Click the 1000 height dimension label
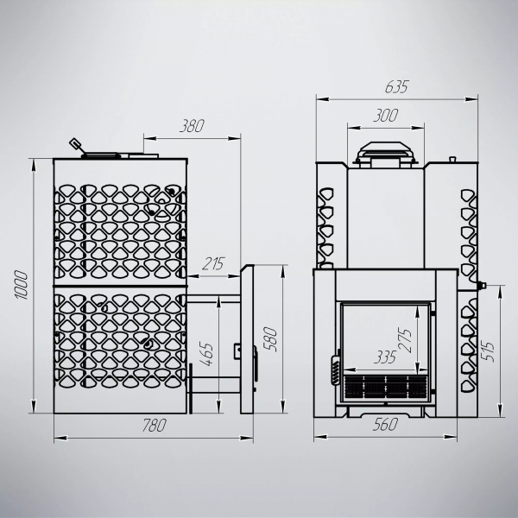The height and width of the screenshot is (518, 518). coord(22,285)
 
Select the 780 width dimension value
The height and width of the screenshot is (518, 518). coord(154,426)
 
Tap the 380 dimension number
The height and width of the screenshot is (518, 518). coord(192,126)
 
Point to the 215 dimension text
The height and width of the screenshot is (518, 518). coord(213,263)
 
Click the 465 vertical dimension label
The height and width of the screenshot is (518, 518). coord(207,354)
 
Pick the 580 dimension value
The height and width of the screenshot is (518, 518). coord(270,339)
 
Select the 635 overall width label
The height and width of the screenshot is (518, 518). coord(397,87)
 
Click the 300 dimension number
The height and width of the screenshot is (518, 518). coord(386,116)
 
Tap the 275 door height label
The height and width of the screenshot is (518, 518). coord(406,341)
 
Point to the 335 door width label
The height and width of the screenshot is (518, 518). coord(385,357)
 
